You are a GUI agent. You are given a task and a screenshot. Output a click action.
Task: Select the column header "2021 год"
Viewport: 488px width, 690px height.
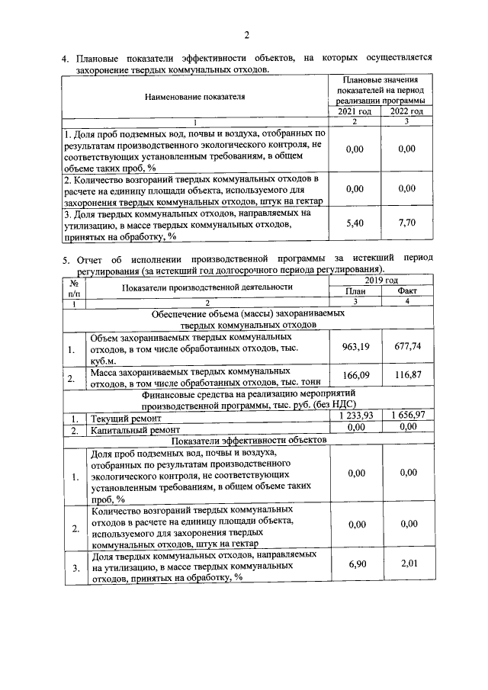click(355, 112)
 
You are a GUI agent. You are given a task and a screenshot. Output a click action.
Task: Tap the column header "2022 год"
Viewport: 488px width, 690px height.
click(406, 112)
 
